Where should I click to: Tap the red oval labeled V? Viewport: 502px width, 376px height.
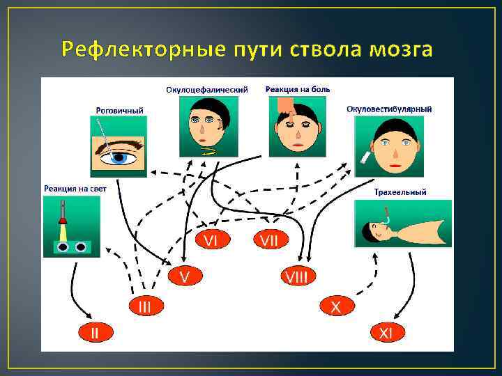pyautogui.click(x=185, y=276)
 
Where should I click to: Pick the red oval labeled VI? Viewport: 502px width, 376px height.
pyautogui.click(x=211, y=240)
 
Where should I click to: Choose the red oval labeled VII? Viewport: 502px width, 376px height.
pyautogui.click(x=269, y=240)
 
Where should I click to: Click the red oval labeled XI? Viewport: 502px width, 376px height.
pyautogui.click(x=386, y=333)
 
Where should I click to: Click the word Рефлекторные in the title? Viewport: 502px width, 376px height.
pyautogui.click(x=142, y=50)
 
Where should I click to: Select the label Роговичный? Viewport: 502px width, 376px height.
pyautogui.click(x=120, y=110)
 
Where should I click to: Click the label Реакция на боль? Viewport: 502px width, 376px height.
pyautogui.click(x=298, y=89)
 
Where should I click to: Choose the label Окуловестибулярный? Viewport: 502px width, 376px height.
pyautogui.click(x=389, y=109)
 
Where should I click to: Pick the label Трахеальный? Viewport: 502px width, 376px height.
pyautogui.click(x=400, y=191)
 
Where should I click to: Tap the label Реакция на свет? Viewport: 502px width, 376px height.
pyautogui.click(x=72, y=189)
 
